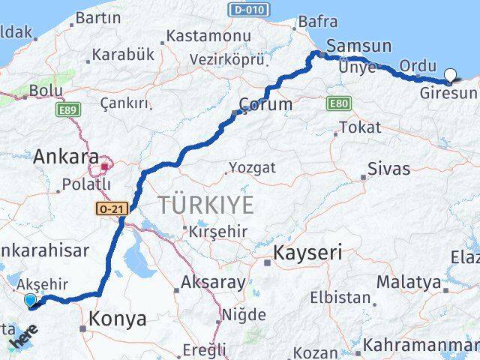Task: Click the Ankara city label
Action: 66,157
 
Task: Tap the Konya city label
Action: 118,319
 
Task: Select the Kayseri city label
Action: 308,253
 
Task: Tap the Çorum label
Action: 265,104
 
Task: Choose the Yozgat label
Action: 252,167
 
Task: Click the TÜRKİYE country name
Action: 205,205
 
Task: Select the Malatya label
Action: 408,282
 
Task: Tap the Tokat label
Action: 360,127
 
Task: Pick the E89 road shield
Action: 64,109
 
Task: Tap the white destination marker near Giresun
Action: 450,74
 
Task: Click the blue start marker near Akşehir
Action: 30,301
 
